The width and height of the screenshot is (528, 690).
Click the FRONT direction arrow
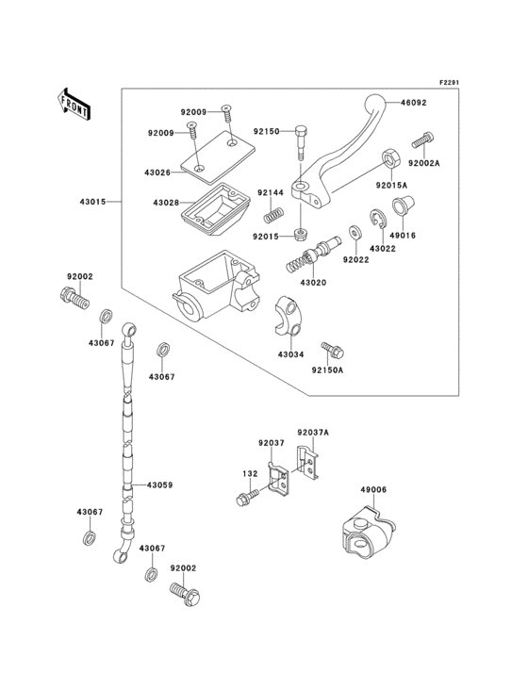pyautogui.click(x=74, y=102)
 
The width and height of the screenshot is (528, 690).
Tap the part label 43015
pyautogui.click(x=93, y=202)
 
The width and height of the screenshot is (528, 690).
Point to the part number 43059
pyautogui.click(x=158, y=485)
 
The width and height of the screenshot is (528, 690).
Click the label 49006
pyautogui.click(x=372, y=489)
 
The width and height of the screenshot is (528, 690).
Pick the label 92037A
pyautogui.click(x=313, y=433)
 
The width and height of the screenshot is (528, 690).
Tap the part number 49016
pyautogui.click(x=404, y=235)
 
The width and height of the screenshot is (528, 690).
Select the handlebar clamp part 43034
pyautogui.click(x=289, y=314)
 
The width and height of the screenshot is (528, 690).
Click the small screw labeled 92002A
pyautogui.click(x=421, y=142)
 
